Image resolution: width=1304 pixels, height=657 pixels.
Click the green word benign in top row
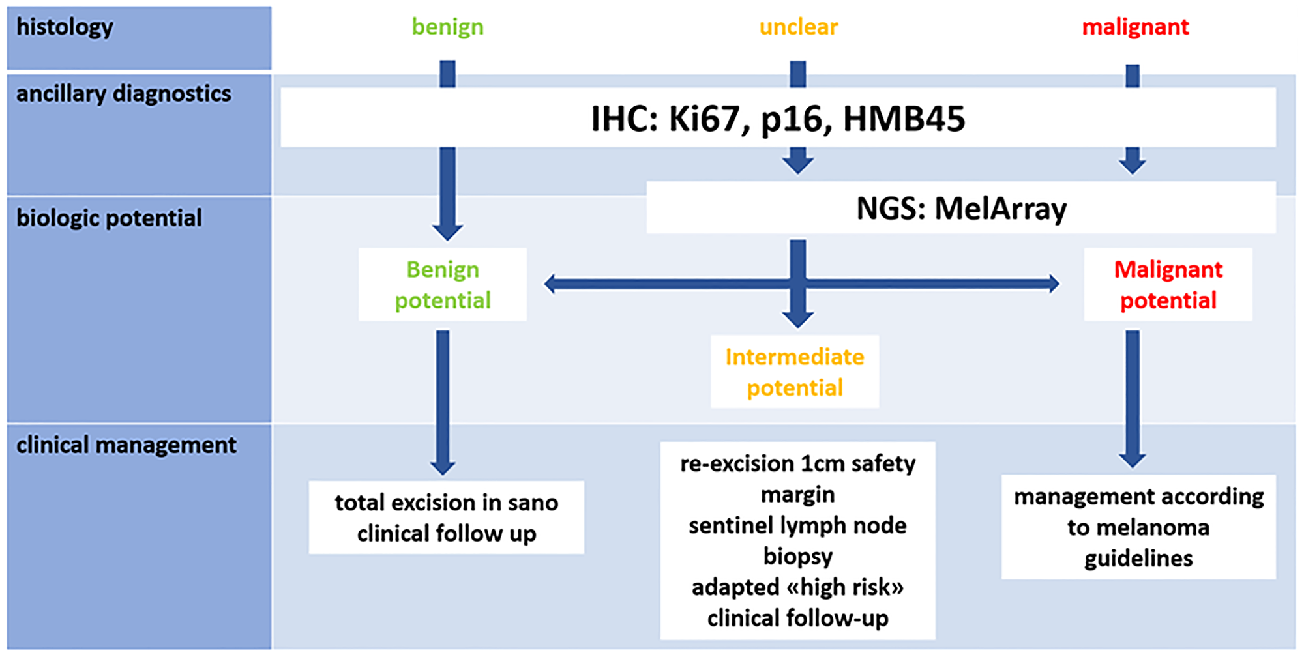[x=447, y=27]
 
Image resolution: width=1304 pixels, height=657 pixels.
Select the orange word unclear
[x=798, y=27]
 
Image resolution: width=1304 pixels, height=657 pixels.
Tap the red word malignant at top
[x=1135, y=27]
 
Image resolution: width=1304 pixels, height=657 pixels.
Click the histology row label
[x=65, y=27]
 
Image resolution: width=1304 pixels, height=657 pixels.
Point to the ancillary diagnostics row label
[x=123, y=94]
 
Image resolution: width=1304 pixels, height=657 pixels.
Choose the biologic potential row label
[x=109, y=218]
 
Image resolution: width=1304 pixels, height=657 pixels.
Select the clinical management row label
[x=126, y=445]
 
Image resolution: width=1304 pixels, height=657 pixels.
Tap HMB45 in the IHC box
[x=904, y=119]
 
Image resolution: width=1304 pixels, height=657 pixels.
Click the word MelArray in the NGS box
[x=1000, y=209]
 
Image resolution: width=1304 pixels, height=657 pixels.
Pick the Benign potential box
[x=443, y=285]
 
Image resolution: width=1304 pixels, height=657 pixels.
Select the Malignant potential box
[x=1168, y=285]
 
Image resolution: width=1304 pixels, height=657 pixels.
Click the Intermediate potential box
[x=794, y=372]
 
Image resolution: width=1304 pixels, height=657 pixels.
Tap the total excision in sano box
[x=446, y=518]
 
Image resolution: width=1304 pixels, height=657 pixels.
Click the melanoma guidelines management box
[x=1138, y=527]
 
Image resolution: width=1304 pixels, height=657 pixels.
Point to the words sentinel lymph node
[x=797, y=525]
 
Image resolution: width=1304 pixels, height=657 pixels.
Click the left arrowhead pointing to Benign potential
[x=551, y=284]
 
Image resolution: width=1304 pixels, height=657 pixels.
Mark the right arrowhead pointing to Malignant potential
[x=1052, y=284]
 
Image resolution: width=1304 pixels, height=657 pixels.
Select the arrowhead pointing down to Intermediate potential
[x=797, y=319]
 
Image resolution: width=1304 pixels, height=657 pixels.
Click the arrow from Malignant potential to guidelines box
[x=1133, y=398]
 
